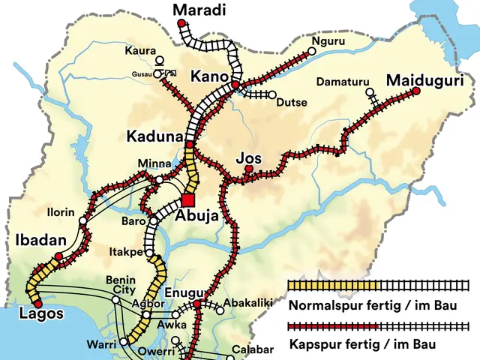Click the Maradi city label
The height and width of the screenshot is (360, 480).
pos(199,10)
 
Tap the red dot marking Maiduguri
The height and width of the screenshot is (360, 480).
pos(416,91)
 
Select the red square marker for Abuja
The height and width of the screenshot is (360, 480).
pos(187,199)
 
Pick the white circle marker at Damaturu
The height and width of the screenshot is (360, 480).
pos(369,92)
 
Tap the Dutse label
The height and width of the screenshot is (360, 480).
pos(292,103)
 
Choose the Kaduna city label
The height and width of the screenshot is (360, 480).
pos(154,137)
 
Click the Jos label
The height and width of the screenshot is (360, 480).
pos(249,158)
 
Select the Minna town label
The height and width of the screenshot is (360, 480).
pos(154,164)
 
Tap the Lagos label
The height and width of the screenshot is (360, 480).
pos(41,313)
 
